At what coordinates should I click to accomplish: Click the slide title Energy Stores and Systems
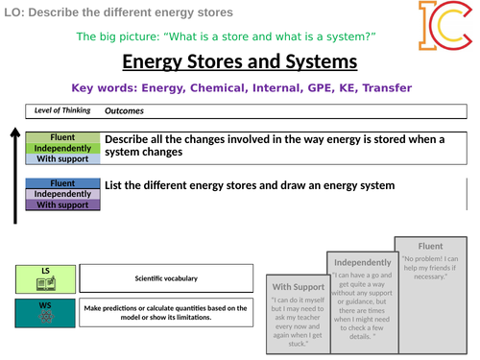tap(240, 62)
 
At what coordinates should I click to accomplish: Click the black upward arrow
tap(15, 174)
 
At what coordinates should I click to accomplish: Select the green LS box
tap(44, 278)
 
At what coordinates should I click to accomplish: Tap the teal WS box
tap(44, 314)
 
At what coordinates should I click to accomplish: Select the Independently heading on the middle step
tap(362, 262)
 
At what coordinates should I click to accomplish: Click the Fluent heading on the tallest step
tap(429, 245)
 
